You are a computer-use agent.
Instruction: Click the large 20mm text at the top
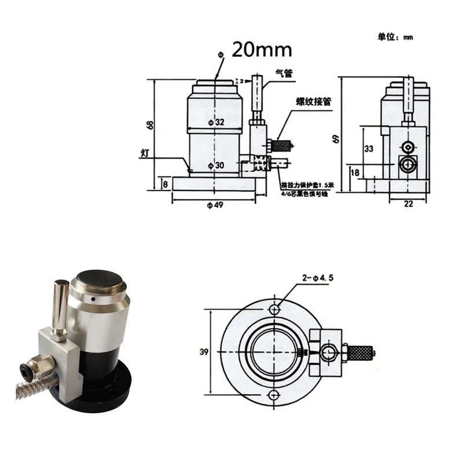tap(262, 49)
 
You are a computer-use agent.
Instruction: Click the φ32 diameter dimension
tap(215, 123)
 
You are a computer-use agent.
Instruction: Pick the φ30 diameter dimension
tap(215, 165)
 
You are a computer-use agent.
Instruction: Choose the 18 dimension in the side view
tap(356, 172)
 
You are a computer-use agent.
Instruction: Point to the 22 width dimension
tap(409, 203)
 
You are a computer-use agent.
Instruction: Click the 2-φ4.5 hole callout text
tap(320, 279)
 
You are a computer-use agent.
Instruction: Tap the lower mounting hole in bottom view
tap(274, 395)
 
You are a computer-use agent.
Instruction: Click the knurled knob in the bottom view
tap(361, 351)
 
